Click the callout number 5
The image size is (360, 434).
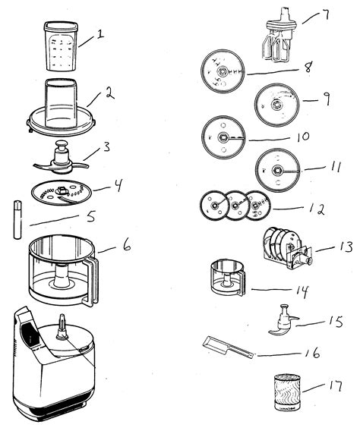[x=90, y=216]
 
